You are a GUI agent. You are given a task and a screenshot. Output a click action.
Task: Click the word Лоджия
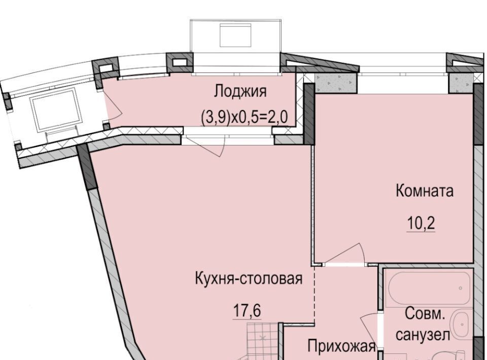[240, 92]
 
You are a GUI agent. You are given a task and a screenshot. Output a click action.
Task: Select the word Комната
[425, 191]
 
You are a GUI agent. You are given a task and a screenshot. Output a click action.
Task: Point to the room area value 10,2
[421, 223]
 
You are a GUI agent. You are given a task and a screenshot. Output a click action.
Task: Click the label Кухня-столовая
[249, 278]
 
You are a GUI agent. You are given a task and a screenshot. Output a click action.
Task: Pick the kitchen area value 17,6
[247, 311]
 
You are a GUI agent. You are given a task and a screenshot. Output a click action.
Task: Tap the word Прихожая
[342, 346]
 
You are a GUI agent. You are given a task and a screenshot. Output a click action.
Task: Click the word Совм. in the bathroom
[425, 314]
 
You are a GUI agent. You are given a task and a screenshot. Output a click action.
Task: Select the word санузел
[423, 335]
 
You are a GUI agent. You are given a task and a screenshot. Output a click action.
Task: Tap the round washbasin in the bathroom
[461, 324]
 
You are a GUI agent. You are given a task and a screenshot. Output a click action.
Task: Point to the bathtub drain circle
[460, 288]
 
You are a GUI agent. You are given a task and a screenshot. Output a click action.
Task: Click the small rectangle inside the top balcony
[235, 35]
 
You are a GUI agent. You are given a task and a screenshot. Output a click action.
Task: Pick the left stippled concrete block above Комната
[335, 83]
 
